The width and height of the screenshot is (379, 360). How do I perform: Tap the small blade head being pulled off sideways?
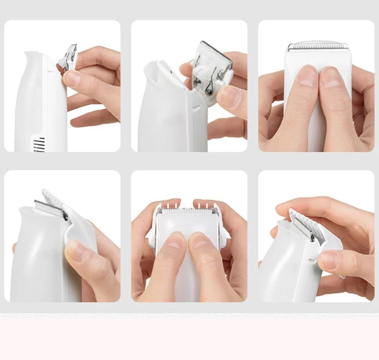68,57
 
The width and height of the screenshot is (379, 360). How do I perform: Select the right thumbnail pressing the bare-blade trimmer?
331,77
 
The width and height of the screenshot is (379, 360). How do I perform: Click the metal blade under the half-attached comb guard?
51,208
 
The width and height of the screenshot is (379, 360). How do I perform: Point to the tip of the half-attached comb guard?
45,192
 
